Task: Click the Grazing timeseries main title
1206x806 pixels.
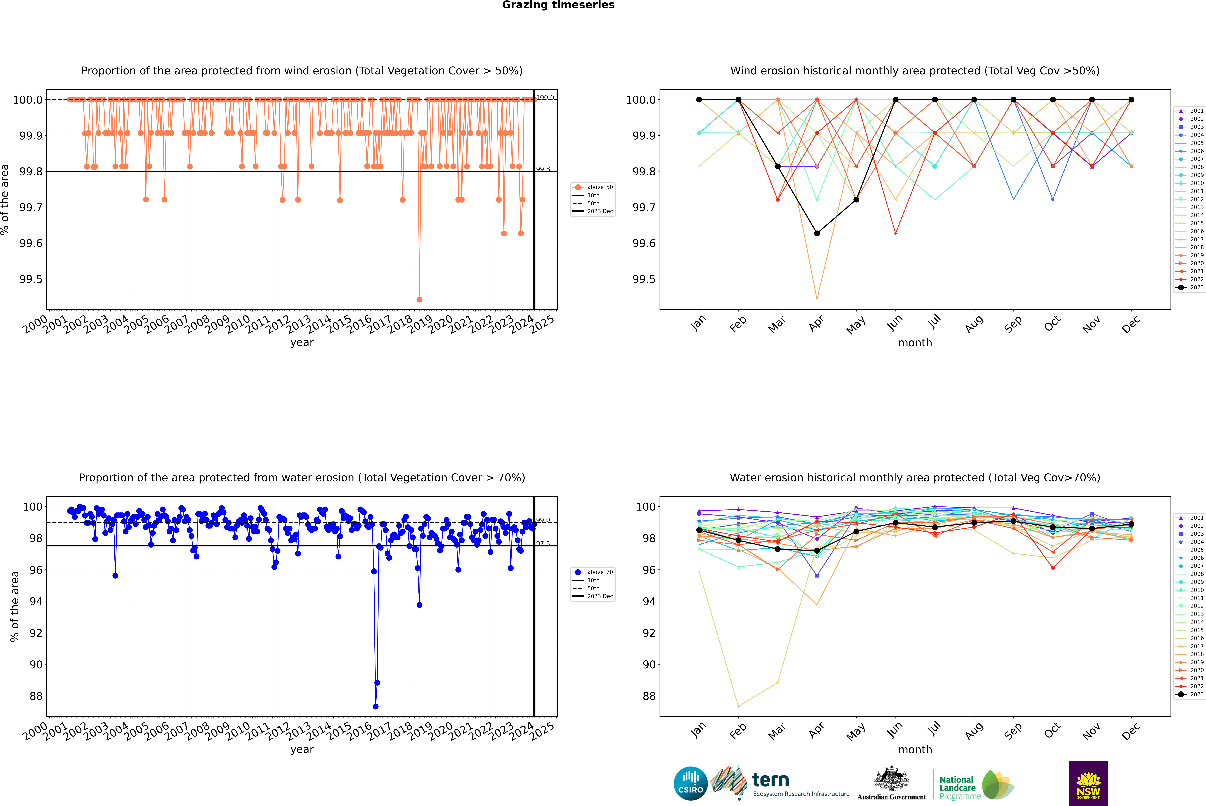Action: [558, 5]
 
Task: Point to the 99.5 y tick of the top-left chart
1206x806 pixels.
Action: [31, 279]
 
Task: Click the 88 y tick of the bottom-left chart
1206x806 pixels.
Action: [36, 696]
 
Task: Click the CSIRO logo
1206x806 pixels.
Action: [690, 783]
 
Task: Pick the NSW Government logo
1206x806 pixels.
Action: [1088, 783]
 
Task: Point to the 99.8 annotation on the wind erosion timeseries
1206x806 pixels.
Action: [543, 169]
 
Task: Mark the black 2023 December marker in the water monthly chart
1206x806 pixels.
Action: [1131, 524]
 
